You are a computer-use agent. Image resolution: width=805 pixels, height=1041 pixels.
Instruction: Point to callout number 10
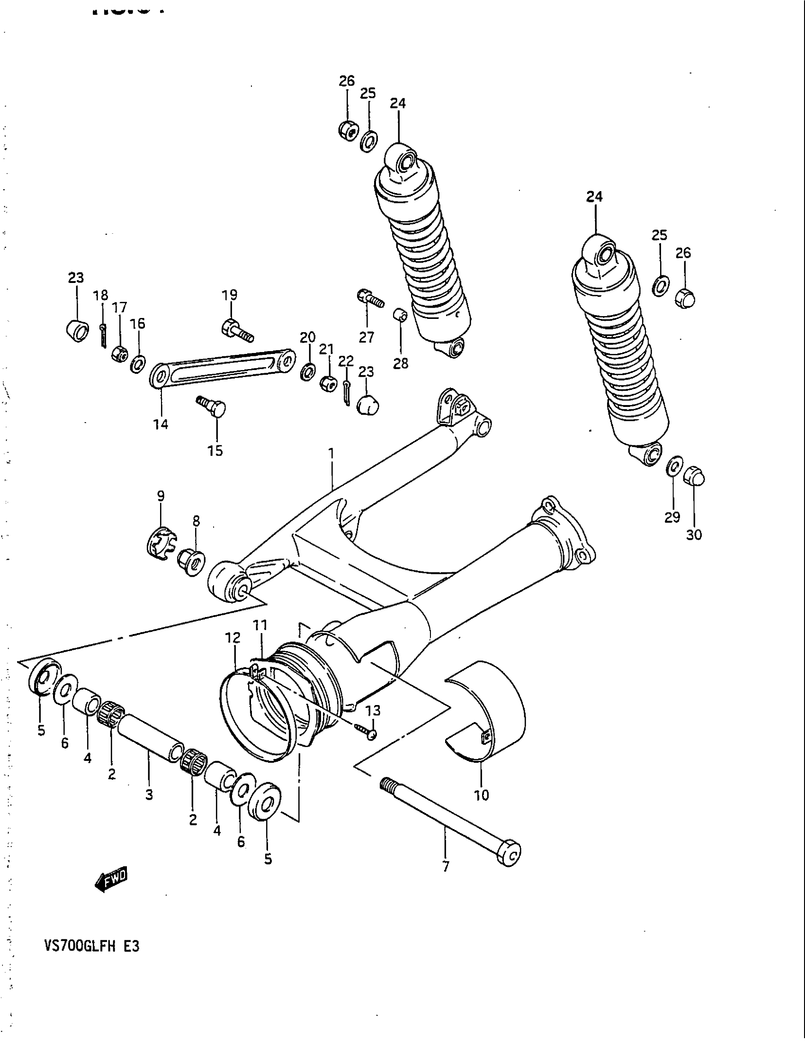pyautogui.click(x=482, y=794)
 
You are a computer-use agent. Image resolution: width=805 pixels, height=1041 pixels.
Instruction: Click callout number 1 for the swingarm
pyautogui.click(x=332, y=453)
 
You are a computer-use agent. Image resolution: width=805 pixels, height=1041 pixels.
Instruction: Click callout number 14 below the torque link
pyautogui.click(x=161, y=424)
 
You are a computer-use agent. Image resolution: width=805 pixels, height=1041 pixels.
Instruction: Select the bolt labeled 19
pyautogui.click(x=237, y=332)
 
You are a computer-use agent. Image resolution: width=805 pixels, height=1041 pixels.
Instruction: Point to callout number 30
pyautogui.click(x=694, y=535)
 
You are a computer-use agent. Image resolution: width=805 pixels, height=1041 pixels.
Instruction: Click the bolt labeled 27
pyautogui.click(x=370, y=299)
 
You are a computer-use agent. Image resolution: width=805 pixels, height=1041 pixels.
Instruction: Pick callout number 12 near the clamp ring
pyautogui.click(x=233, y=638)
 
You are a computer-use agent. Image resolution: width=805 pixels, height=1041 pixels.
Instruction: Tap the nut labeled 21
pyautogui.click(x=328, y=382)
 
